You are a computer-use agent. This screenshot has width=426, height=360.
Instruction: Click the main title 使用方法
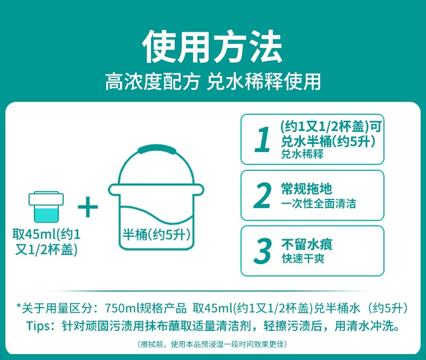(x=212, y=47)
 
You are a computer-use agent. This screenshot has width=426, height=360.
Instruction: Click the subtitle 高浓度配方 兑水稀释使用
(x=213, y=81)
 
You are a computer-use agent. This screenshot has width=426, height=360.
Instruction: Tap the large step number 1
(x=263, y=139)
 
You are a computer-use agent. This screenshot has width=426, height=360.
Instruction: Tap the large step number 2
(x=263, y=195)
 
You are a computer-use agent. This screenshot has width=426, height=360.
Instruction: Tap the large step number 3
(x=263, y=251)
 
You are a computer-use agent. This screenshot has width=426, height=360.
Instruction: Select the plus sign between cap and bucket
(x=88, y=207)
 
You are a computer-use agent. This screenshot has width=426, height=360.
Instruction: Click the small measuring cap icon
(x=46, y=206)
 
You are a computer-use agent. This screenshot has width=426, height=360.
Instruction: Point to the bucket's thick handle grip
(x=157, y=149)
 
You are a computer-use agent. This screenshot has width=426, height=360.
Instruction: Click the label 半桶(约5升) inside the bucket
(x=156, y=234)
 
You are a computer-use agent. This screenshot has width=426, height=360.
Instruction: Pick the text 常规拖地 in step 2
(x=306, y=189)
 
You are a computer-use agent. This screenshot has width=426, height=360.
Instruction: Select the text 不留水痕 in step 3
(x=307, y=245)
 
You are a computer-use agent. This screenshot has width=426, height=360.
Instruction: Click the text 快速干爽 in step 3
(x=303, y=258)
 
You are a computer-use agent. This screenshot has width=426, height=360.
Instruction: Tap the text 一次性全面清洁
(x=318, y=204)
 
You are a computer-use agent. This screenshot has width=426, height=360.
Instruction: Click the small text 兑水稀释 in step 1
(x=303, y=154)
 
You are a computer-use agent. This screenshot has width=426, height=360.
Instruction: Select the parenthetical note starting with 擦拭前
(x=212, y=344)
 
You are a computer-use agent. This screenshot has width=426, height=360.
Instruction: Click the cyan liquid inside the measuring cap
(x=46, y=214)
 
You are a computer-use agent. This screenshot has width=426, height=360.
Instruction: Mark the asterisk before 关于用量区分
(x=19, y=307)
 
